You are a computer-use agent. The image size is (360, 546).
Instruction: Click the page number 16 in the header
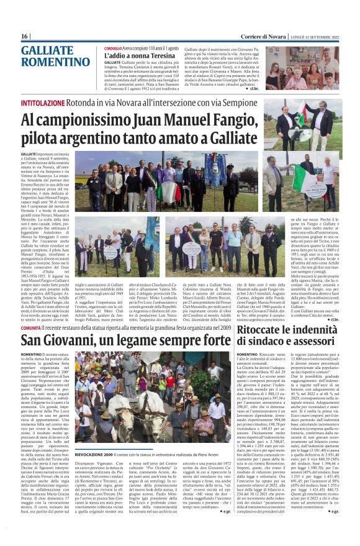(25, 36)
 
